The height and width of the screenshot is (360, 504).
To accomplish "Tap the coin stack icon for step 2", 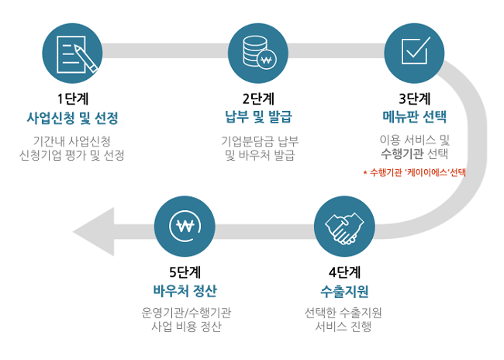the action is (x=258, y=54).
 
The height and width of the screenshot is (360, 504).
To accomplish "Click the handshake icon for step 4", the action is (x=344, y=227).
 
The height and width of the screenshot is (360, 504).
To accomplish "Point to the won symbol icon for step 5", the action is (x=185, y=227).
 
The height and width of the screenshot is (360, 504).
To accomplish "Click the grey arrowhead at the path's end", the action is (x=94, y=232).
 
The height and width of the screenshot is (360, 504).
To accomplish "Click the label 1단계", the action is (x=73, y=99).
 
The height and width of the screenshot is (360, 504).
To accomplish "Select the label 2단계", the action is (x=258, y=99).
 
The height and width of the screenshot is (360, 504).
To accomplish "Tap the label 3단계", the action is (x=414, y=99).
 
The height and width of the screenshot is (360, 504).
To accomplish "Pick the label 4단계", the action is (x=344, y=272).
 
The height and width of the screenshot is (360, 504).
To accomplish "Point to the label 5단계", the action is (x=185, y=272).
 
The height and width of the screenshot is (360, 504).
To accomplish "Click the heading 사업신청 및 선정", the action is (x=73, y=118).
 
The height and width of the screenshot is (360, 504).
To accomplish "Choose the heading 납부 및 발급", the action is (x=258, y=117).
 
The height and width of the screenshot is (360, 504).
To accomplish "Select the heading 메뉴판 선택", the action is (x=414, y=117).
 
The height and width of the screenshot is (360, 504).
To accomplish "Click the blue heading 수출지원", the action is (x=344, y=291).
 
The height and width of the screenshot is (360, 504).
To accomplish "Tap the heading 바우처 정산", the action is (x=185, y=290).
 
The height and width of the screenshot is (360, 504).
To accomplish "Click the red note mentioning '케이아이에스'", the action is (x=414, y=173).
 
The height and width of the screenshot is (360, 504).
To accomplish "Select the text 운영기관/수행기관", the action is (x=186, y=313).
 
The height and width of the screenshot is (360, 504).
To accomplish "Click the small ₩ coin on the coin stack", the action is (x=267, y=60).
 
